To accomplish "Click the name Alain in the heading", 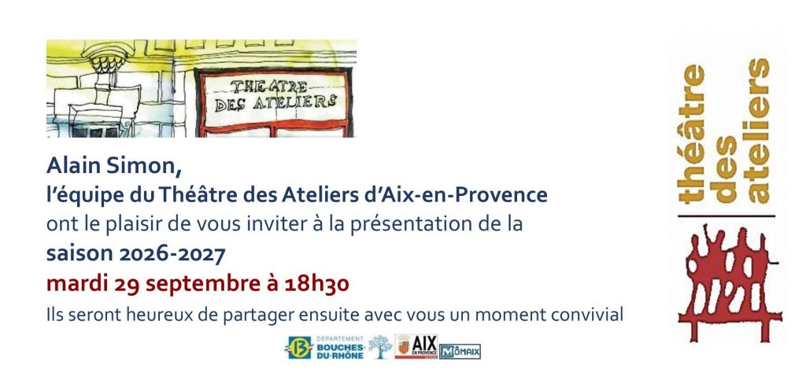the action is point(72,165).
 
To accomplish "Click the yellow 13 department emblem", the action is point(298,347).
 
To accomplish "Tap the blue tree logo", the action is point(380,347).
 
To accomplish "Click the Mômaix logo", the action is point(460,352).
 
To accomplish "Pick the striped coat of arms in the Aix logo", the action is point(404,347).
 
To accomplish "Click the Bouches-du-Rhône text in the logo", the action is point(340,351).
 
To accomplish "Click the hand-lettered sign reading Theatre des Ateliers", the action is point(274,95).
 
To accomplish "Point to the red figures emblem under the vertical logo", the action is point(730,282).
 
